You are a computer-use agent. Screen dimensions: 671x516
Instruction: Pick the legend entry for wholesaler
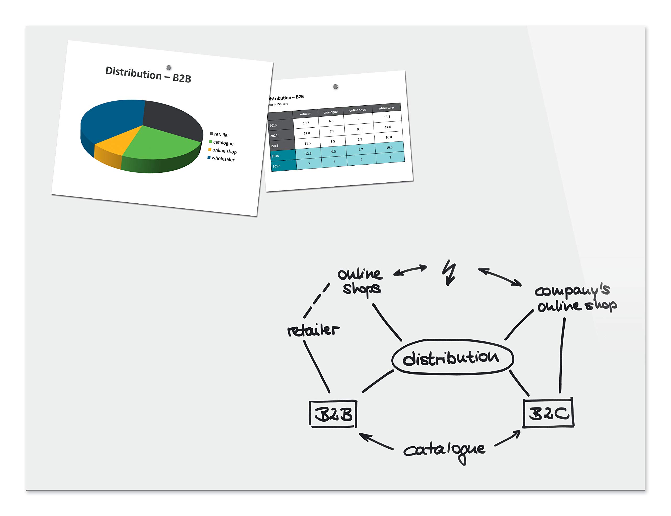(x=221, y=159)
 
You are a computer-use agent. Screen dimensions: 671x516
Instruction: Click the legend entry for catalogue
(x=221, y=143)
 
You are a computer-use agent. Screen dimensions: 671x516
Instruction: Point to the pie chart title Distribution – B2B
(x=148, y=74)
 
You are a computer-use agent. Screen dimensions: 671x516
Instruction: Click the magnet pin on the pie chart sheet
(x=169, y=68)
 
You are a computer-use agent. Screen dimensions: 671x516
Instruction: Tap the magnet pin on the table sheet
(x=335, y=87)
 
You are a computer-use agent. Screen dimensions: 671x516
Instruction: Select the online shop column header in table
(x=358, y=110)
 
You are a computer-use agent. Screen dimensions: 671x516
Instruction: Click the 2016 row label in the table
(x=275, y=156)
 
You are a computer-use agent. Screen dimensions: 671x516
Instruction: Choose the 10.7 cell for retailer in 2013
(x=306, y=123)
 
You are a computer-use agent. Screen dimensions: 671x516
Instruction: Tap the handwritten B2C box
(x=549, y=412)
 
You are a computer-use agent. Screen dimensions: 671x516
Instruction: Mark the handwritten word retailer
(x=313, y=330)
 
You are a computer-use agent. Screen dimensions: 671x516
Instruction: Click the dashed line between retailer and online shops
(x=316, y=300)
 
